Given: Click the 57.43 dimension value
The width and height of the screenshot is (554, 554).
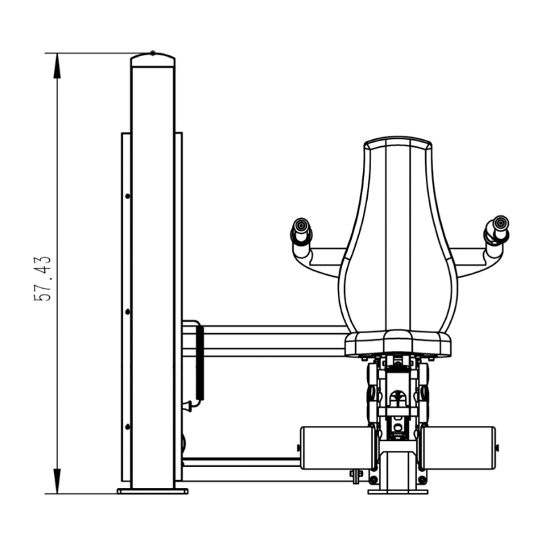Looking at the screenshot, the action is point(43,278).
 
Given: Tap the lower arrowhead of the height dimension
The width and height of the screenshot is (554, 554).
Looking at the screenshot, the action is point(57,481).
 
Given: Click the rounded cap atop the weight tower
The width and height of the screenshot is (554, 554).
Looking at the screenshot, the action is point(152,59).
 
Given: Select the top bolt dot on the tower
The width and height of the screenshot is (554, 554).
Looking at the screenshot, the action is point(127,196).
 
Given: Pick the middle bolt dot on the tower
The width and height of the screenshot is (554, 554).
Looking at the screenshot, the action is point(127,312).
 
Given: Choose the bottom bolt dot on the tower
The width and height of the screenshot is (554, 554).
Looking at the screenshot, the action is point(127,427).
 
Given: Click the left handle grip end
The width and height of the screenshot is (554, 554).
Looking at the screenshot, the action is point(301,224).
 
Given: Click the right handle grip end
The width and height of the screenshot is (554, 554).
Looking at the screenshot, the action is point(501,222).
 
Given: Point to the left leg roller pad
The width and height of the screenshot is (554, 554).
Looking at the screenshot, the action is point(336,448).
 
